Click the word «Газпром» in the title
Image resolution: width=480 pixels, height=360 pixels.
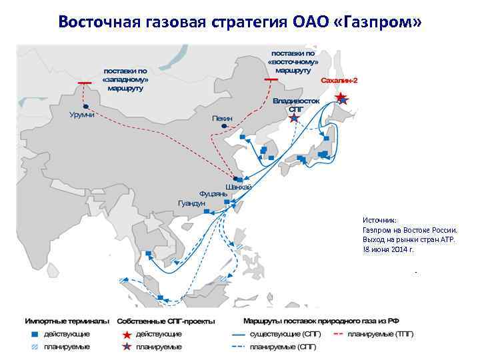[x=385, y=23]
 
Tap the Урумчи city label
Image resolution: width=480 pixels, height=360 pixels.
[x=82, y=115]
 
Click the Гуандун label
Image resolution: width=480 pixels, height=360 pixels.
[x=192, y=203]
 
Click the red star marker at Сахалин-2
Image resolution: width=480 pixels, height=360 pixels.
[x=341, y=98]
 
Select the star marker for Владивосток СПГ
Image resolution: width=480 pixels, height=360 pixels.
[x=294, y=119]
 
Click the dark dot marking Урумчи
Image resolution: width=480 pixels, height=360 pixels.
[x=85, y=106]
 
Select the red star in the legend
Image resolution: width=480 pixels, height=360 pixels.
[x=125, y=333]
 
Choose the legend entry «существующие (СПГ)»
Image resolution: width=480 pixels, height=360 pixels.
[x=278, y=333]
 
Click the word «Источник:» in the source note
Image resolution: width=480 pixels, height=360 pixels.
[x=379, y=219]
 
